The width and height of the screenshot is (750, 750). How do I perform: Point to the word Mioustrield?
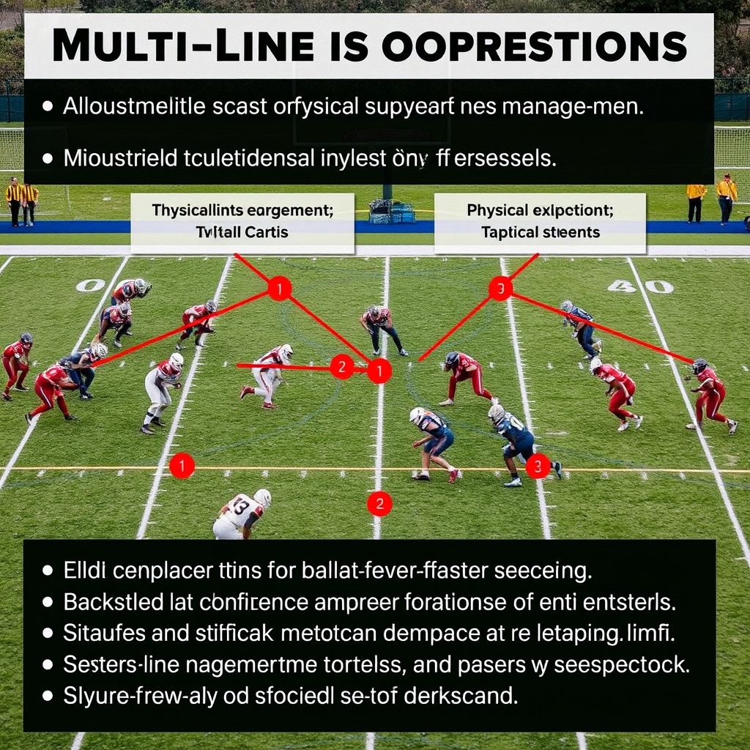point(124,158)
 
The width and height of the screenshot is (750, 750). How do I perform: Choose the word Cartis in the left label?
point(261,232)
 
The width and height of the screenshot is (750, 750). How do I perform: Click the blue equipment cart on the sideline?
point(391,211)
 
